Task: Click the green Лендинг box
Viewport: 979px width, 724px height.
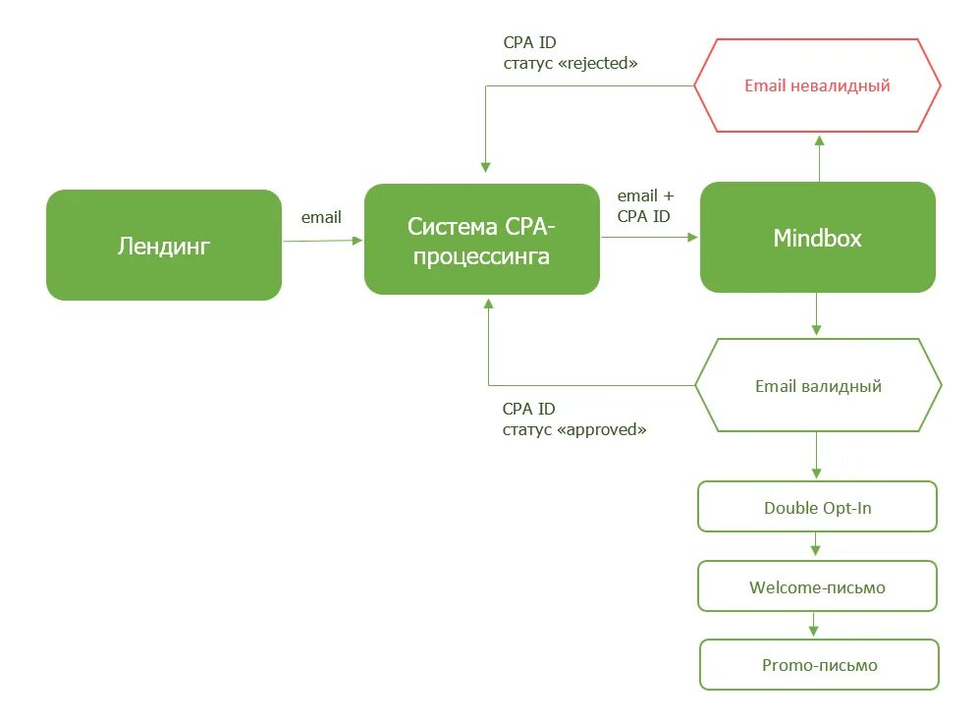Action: tap(164, 245)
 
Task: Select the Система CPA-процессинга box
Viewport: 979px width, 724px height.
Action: tap(482, 240)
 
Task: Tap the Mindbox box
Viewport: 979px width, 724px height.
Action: tap(817, 238)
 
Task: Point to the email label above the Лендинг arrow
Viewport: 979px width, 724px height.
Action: tap(321, 217)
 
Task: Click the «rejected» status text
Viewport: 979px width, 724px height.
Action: tap(571, 63)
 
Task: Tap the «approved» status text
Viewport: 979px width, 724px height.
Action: tap(573, 429)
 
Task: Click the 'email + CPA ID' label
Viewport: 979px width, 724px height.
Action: tap(645, 205)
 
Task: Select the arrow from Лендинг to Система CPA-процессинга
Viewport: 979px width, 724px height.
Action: tap(323, 241)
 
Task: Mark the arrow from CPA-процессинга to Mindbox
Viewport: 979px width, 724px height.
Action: tap(649, 238)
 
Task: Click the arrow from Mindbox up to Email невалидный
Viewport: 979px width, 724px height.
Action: tap(820, 159)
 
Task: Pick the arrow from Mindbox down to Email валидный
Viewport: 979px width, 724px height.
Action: tap(817, 314)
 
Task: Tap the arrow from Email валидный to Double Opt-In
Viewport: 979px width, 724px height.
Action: tap(817, 456)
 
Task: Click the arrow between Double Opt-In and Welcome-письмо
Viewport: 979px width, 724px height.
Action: tap(815, 544)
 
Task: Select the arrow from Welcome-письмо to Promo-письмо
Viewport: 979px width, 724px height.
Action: tap(814, 624)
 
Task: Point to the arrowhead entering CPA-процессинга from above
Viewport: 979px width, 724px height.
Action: tap(486, 167)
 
